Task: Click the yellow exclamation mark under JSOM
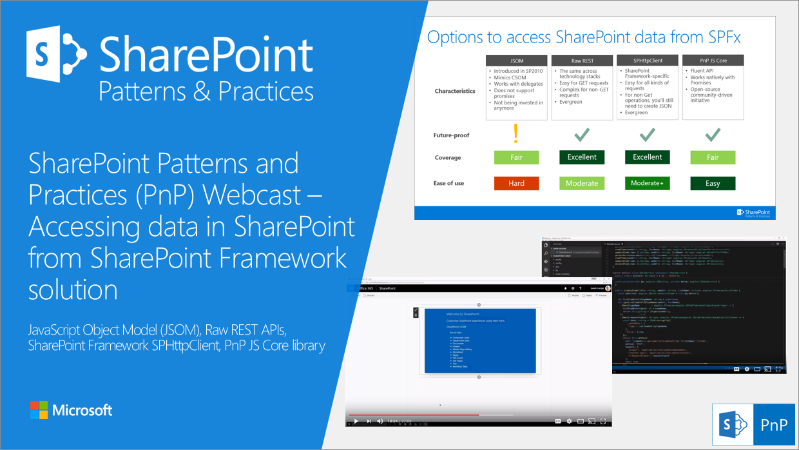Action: [x=516, y=133]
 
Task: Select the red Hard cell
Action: [x=516, y=183]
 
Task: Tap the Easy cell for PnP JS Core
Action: [x=713, y=183]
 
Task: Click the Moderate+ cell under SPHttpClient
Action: [x=647, y=183]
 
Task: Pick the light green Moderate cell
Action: [x=582, y=183]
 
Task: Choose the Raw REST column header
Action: [x=582, y=60]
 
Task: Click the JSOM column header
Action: [x=516, y=60]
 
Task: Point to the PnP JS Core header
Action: [x=713, y=60]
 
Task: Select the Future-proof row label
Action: [x=452, y=135]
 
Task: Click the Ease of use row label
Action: [x=448, y=183]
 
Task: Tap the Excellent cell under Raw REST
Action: [x=582, y=157]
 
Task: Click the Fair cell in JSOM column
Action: [x=516, y=157]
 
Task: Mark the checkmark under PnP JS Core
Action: [x=713, y=134]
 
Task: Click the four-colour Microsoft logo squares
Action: [x=39, y=409]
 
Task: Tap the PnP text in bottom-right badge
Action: [x=773, y=425]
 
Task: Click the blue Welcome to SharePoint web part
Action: [x=480, y=340]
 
